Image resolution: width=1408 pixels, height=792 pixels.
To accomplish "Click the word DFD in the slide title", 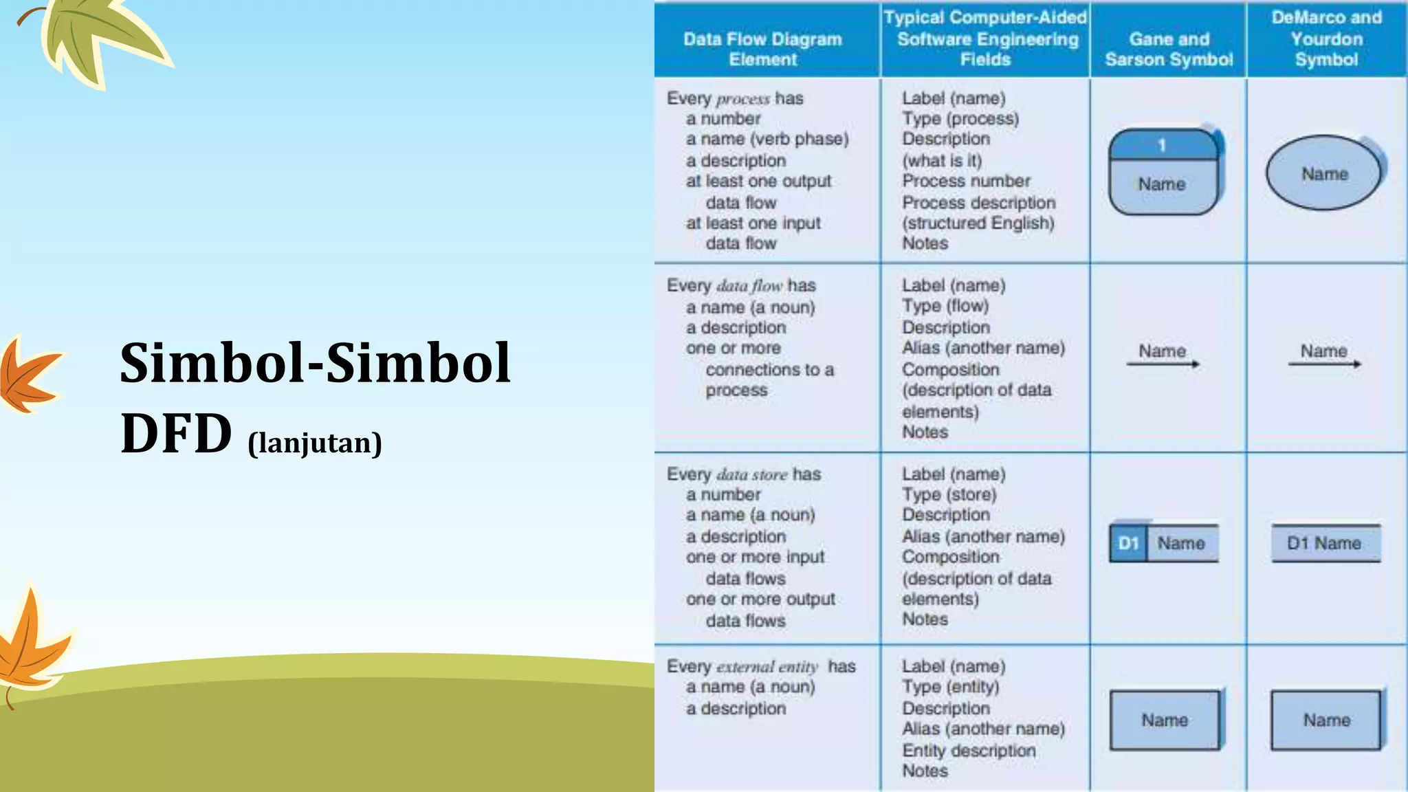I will tap(176, 434).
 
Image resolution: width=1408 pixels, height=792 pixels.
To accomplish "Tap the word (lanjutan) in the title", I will tap(315, 443).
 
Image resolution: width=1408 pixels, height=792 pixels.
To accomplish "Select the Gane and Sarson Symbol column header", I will tap(1169, 49).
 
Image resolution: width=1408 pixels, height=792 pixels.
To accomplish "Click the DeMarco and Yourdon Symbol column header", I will tap(1326, 38).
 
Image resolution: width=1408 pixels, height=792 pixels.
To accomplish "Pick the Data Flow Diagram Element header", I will tap(762, 49).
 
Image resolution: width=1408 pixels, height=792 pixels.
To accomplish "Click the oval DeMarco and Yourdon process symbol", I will tap(1323, 173).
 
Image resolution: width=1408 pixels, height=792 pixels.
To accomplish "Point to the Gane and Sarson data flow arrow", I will tap(1163, 364).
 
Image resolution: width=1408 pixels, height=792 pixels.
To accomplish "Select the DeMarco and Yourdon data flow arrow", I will tap(1324, 364).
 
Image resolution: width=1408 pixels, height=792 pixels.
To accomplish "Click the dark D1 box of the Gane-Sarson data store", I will tap(1128, 544).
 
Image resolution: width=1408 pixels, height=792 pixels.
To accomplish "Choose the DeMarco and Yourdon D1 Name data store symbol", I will tap(1325, 544).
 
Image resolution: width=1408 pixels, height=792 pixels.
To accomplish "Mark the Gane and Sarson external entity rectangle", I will tap(1165, 720).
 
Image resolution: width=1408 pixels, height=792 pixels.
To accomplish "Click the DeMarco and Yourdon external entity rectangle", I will tap(1325, 720).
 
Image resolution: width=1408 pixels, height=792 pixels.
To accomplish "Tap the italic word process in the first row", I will tap(742, 99).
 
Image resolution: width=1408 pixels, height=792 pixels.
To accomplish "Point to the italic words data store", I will tap(751, 474).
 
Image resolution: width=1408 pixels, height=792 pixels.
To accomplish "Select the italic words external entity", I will tap(767, 667).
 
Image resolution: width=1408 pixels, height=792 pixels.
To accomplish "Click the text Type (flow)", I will tap(945, 306).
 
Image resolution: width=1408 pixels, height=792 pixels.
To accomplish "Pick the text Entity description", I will tap(969, 750).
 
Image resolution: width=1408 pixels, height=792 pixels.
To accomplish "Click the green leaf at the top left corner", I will tap(103, 38).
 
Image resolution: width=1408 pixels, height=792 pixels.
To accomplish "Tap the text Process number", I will tap(966, 181).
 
